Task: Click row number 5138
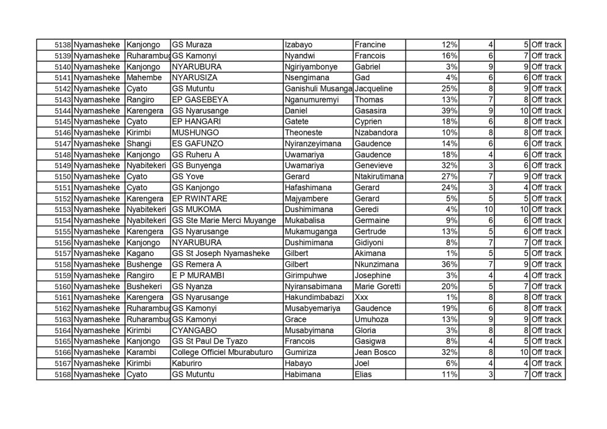(x=63, y=45)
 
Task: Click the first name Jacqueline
(x=374, y=89)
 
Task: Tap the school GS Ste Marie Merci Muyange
(x=224, y=220)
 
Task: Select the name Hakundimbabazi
(x=315, y=297)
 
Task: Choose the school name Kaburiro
(x=188, y=363)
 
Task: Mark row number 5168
(x=63, y=374)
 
